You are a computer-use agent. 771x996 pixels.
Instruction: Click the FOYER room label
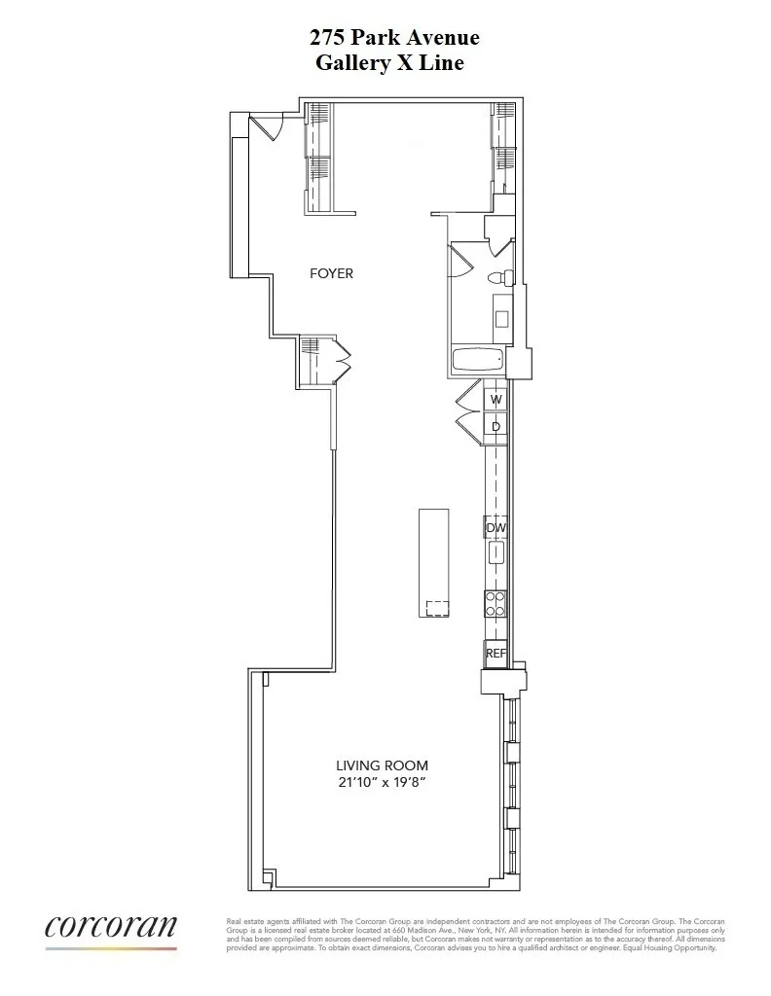pos(331,273)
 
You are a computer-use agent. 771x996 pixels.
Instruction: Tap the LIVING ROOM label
pos(382,765)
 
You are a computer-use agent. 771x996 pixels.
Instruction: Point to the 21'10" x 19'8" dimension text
pos(382,781)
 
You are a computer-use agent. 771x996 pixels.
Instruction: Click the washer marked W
pos(496,399)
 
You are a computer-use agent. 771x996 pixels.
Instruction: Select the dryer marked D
pos(496,426)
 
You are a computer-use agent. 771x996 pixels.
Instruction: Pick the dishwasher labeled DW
pos(496,527)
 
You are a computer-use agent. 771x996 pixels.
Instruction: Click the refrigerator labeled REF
pos(496,654)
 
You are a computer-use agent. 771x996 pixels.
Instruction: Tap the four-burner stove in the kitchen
pos(496,605)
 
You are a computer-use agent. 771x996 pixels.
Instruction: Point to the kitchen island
pos(434,562)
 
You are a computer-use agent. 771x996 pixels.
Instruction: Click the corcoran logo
pos(111,928)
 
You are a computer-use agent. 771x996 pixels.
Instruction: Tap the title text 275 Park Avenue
pos(394,38)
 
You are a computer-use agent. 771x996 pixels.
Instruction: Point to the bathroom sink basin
pos(501,318)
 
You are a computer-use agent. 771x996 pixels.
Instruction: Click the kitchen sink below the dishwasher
pos(496,553)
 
